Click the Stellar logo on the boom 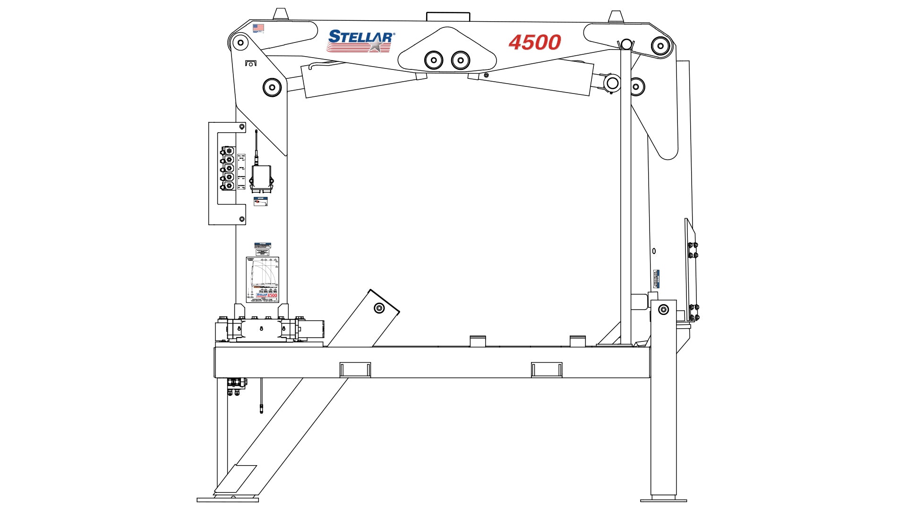[360, 41]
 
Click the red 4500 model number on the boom [534, 42]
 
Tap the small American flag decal [258, 28]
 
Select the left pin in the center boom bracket [433, 60]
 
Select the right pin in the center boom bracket [461, 60]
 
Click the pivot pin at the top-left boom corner [240, 43]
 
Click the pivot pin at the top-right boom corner [660, 46]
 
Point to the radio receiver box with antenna [260, 177]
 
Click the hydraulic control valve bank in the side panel [228, 169]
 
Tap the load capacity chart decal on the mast [263, 280]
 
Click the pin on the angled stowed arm [379, 308]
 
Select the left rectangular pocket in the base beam [355, 369]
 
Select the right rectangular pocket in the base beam [547, 369]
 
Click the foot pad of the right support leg [663, 499]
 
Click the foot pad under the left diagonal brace [228, 499]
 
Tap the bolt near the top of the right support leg [663, 310]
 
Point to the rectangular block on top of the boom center [448, 17]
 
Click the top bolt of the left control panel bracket [242, 127]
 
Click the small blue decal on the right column [656, 279]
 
